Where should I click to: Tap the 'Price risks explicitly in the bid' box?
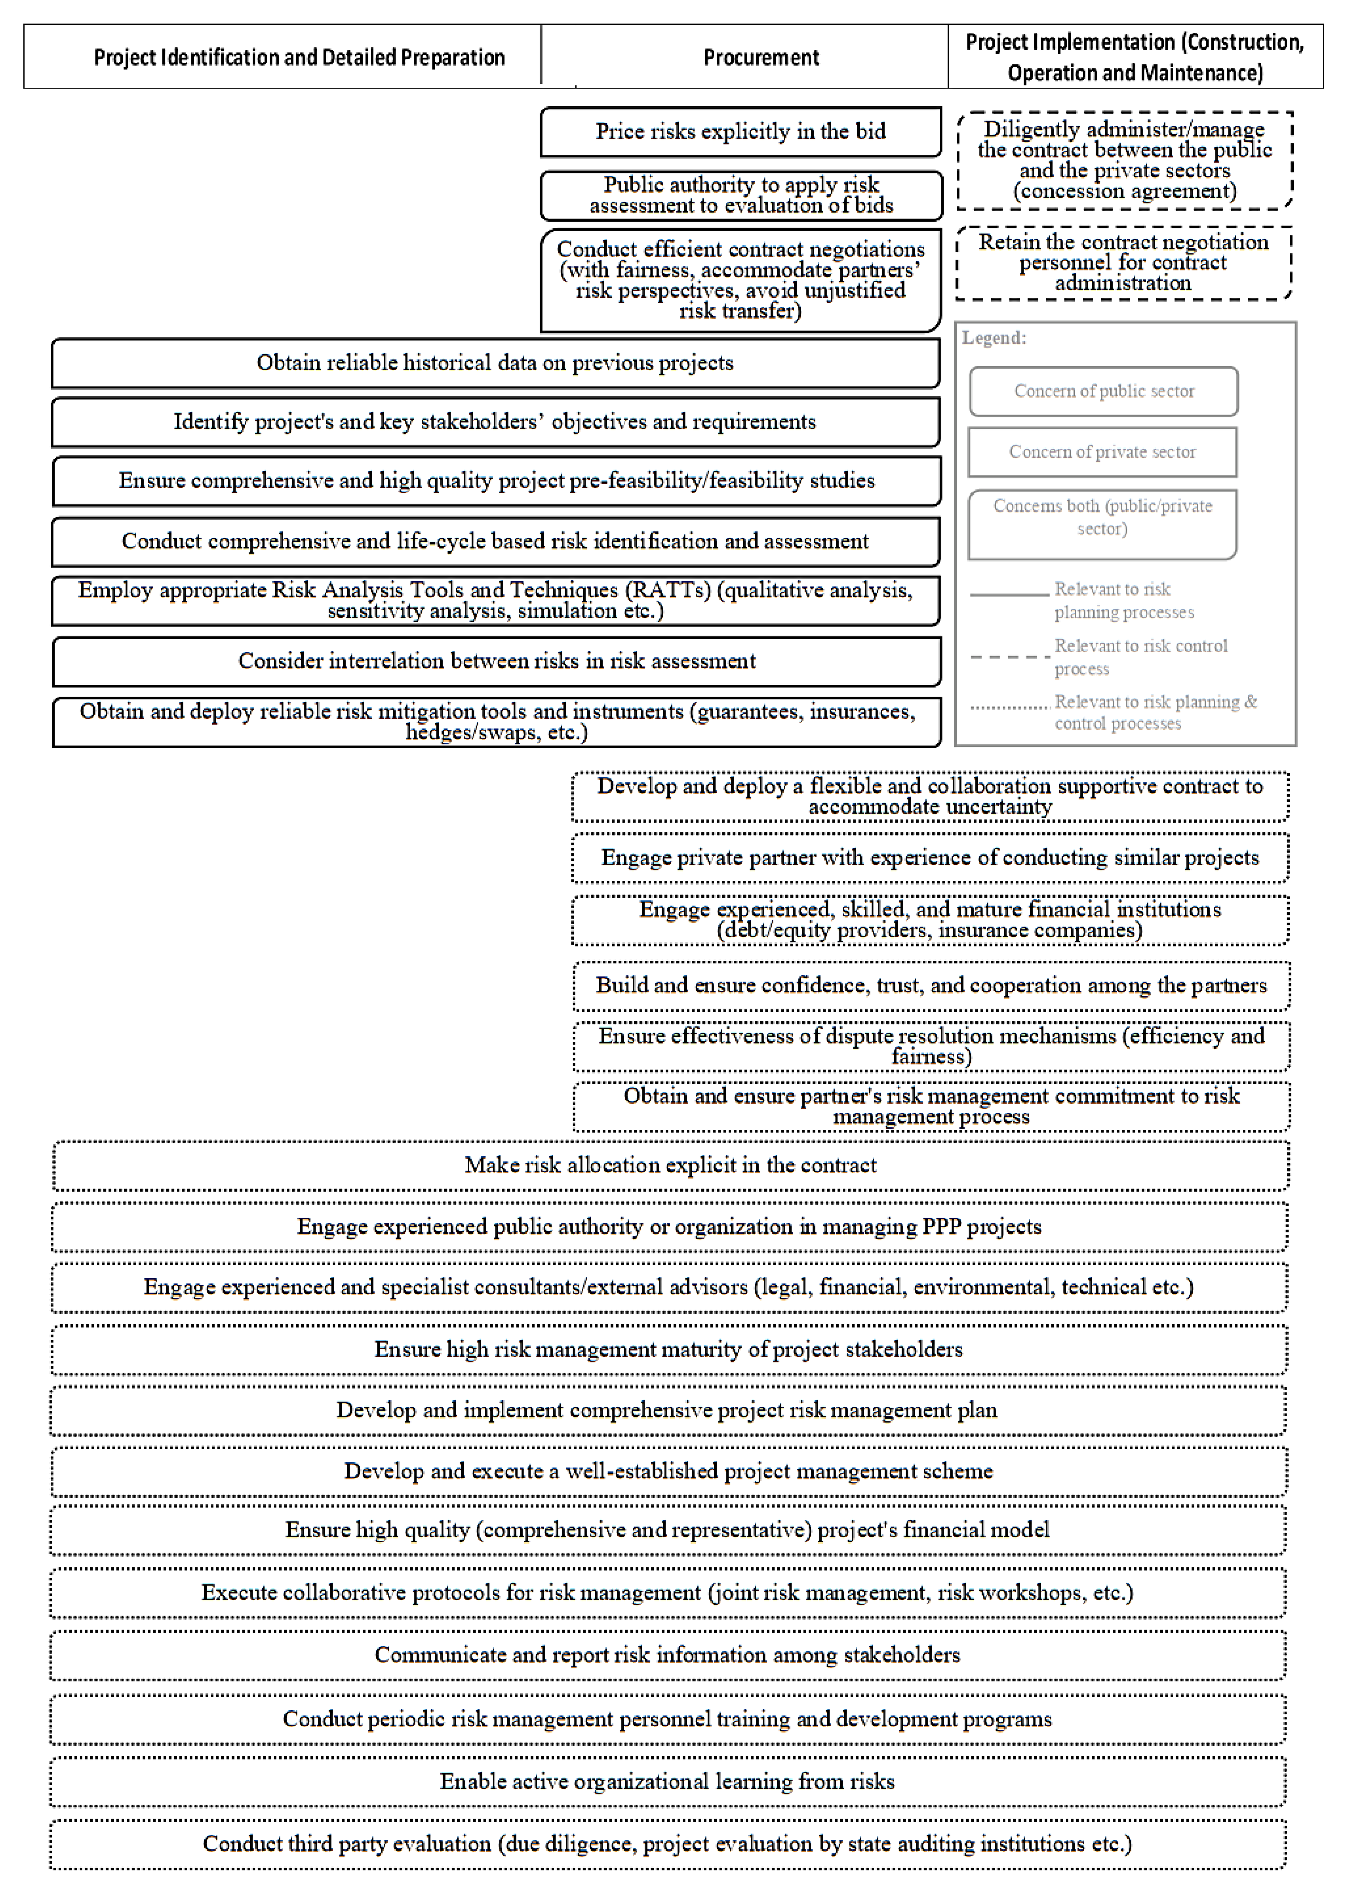coord(740,132)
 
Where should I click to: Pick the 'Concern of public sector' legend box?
coord(1103,391)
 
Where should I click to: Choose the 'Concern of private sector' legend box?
coord(1102,452)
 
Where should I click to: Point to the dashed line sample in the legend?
coord(1009,657)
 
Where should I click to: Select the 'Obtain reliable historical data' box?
coord(495,363)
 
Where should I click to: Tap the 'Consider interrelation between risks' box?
coord(497,661)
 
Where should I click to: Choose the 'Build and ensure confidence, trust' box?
coord(931,985)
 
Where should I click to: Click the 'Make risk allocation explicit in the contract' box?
coord(670,1165)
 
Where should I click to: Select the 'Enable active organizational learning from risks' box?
coord(668,1781)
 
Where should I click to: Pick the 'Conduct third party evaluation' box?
coord(668,1844)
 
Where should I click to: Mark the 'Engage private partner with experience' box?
coord(930,858)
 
